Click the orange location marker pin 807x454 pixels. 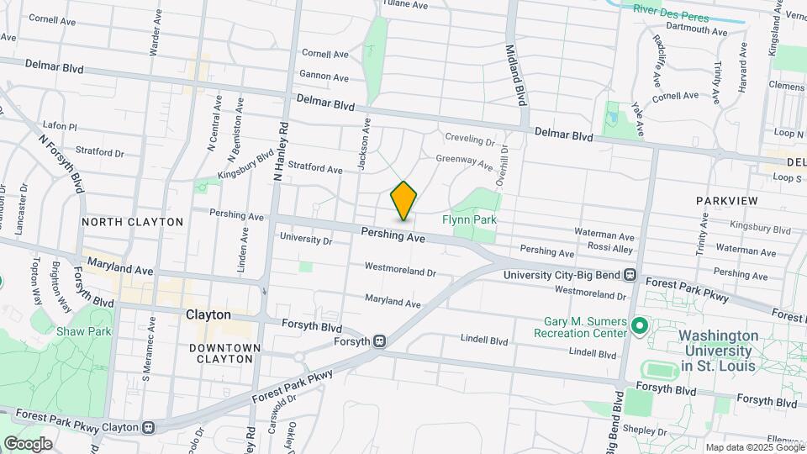pyautogui.click(x=403, y=200)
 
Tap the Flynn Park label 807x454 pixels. pyautogui.click(x=470, y=219)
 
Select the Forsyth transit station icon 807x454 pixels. pyautogui.click(x=380, y=341)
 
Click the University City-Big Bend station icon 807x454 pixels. pyautogui.click(x=630, y=275)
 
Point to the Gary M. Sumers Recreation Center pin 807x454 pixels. pyautogui.click(x=638, y=325)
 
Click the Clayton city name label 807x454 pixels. pyautogui.click(x=208, y=314)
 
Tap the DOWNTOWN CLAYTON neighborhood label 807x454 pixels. pyautogui.click(x=221, y=353)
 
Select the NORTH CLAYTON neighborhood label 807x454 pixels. pyautogui.click(x=132, y=222)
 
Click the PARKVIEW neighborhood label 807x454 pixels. pyautogui.click(x=727, y=201)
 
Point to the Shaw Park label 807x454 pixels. pyautogui.click(x=84, y=331)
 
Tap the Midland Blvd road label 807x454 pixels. pyautogui.click(x=517, y=76)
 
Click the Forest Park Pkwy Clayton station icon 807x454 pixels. pyautogui.click(x=149, y=427)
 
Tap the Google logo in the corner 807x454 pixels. pyautogui.click(x=28, y=443)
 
